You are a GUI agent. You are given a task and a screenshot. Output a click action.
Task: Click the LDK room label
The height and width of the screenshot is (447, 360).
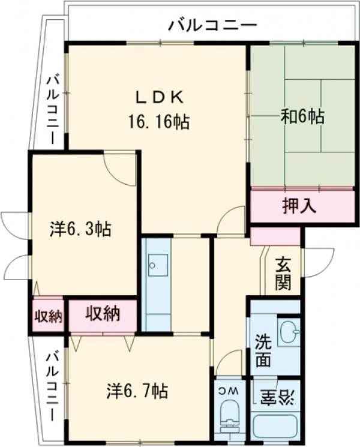[x=159, y=98]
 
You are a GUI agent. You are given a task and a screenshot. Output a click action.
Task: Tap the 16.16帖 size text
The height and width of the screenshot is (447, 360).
[x=159, y=122]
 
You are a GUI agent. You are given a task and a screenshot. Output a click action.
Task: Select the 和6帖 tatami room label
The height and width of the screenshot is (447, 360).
[x=302, y=116]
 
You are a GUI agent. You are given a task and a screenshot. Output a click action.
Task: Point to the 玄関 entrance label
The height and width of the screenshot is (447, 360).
[x=283, y=273]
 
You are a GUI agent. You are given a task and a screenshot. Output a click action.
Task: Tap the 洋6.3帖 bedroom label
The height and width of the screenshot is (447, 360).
[x=80, y=229]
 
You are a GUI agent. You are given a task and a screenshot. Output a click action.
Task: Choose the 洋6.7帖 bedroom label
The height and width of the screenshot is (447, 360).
[x=137, y=391]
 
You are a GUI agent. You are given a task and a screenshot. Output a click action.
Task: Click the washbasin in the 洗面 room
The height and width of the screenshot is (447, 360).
[x=289, y=332]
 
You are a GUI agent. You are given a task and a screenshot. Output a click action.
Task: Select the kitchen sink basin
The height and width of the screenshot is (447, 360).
[x=158, y=265]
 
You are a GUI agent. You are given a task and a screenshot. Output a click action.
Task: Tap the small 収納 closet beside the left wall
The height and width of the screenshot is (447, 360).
[x=48, y=316]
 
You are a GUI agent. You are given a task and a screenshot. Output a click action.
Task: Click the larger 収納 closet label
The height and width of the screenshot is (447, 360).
[x=103, y=314]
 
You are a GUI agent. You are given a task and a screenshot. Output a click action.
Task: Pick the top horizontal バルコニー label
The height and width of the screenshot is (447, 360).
[x=213, y=26]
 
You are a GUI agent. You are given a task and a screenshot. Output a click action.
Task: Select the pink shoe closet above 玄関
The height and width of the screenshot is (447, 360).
[x=275, y=236]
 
